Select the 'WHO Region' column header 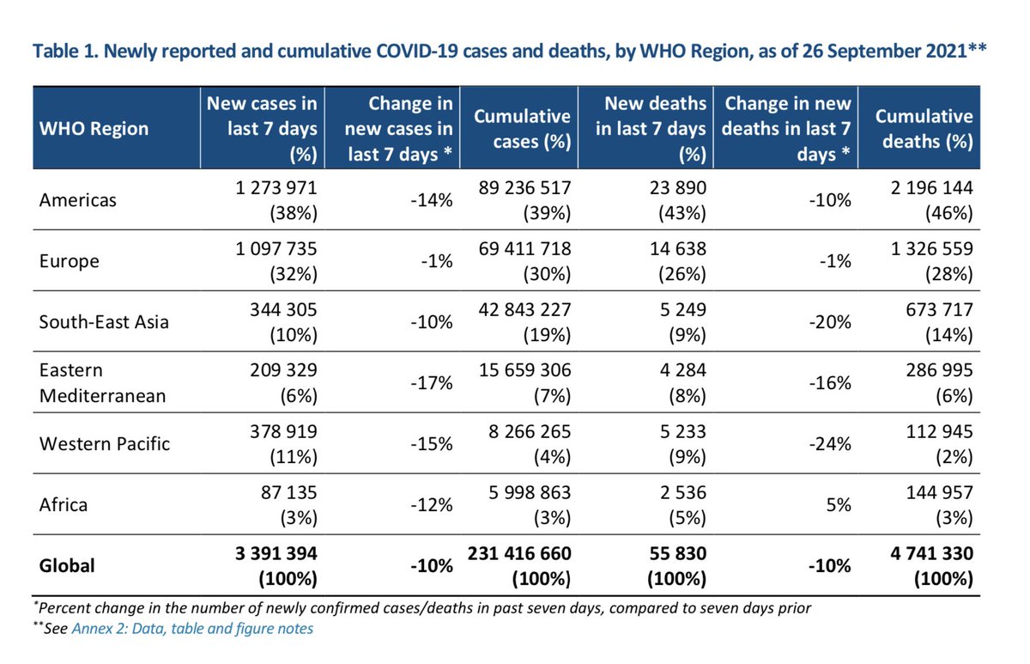tap(94, 129)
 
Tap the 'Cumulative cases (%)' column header tap(524, 129)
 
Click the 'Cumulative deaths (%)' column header tap(924, 129)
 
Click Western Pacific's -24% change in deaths tap(831, 444)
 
